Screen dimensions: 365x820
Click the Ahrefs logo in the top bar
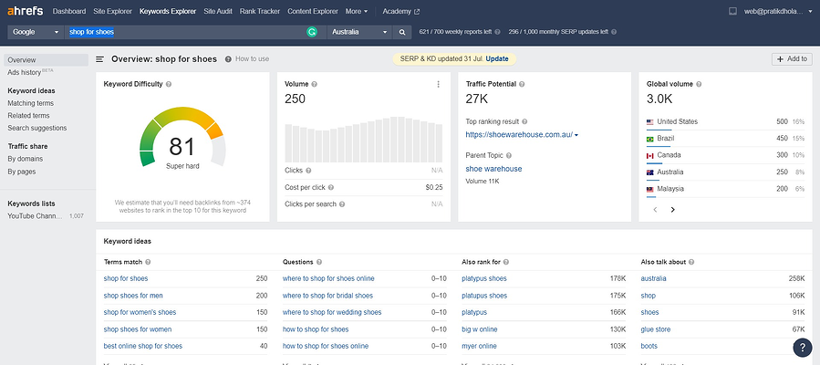26,11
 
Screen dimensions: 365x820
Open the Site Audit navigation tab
217,11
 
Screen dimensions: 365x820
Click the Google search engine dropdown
36,32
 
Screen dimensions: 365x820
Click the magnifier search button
401,32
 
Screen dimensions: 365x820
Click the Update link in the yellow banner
497,58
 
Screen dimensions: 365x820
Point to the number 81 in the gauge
182,146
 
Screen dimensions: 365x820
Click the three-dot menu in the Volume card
438,84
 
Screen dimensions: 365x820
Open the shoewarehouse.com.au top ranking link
520,135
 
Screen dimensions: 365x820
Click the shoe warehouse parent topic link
493,169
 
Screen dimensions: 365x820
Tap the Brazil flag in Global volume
651,139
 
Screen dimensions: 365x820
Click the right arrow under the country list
673,209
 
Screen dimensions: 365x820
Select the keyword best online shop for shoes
143,346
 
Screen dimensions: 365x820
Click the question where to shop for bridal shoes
327,296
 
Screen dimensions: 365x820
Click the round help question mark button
802,347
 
